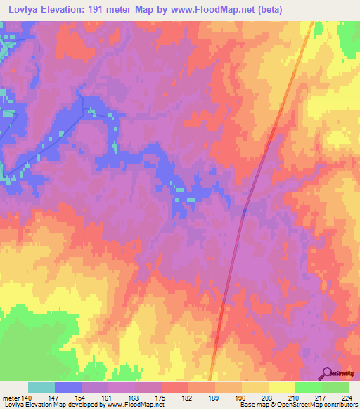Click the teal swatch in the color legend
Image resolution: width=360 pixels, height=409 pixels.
coord(41,387)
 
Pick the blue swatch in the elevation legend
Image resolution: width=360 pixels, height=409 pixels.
coord(68,387)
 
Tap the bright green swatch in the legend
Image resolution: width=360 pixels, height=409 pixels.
coord(308,387)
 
